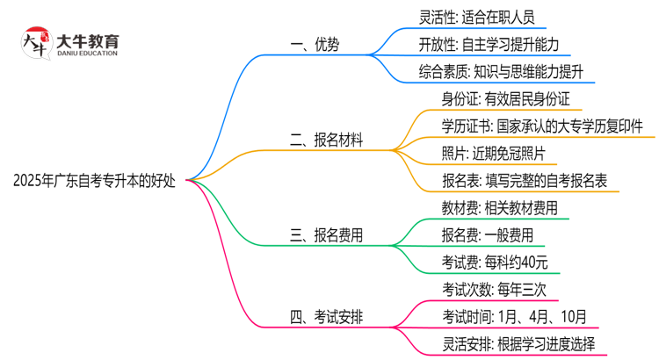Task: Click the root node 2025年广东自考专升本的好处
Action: point(94,181)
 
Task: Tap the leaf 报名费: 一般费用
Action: point(487,235)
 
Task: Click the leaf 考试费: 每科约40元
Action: point(496,262)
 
